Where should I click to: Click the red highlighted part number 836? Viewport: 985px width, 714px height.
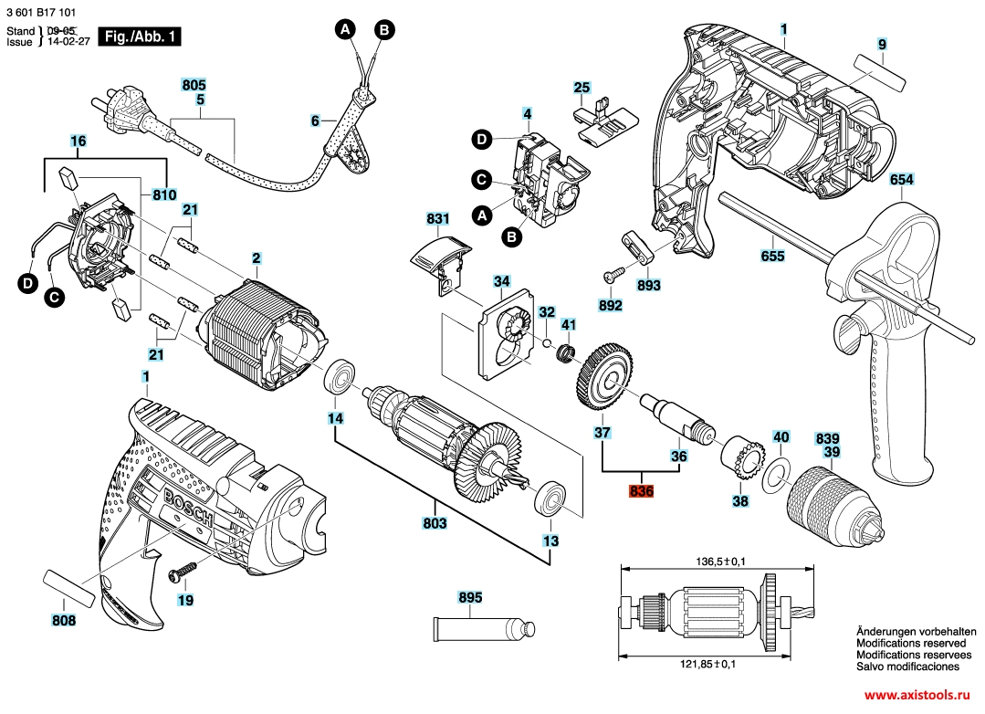642,491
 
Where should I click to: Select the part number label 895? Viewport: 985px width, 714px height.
469,598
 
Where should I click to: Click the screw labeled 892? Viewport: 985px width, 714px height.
612,274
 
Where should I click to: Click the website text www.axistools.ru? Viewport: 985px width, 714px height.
917,696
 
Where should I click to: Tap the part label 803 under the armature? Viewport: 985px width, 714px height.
435,523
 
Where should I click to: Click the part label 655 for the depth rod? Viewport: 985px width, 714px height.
772,257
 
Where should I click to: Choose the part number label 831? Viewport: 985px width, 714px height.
438,219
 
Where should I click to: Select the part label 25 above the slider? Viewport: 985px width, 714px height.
582,88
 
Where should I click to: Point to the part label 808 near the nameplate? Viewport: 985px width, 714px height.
64,621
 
